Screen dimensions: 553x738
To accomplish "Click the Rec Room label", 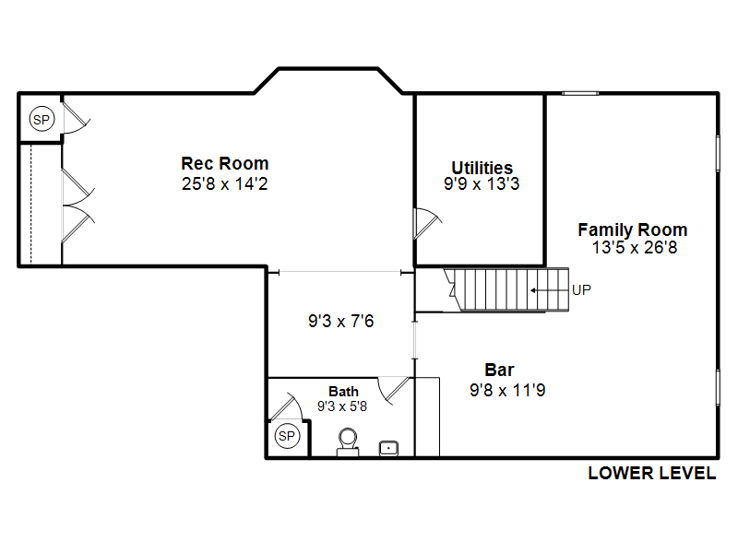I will pyautogui.click(x=225, y=163).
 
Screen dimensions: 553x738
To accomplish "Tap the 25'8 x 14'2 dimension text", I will pyautogui.click(x=225, y=182).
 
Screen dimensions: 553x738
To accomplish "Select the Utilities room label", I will pyautogui.click(x=482, y=168).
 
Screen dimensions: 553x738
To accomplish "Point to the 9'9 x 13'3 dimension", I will pyautogui.click(x=482, y=183).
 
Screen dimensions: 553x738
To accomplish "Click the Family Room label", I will pyautogui.click(x=632, y=230).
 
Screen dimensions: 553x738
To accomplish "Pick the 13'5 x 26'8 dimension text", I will pyautogui.click(x=634, y=247).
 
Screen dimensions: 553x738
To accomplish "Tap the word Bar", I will pyautogui.click(x=499, y=371).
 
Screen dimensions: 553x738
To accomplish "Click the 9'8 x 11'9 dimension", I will pyautogui.click(x=507, y=390).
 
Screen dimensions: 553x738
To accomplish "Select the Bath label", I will pyautogui.click(x=343, y=392).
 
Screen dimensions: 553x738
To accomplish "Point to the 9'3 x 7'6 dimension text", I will pyautogui.click(x=340, y=322).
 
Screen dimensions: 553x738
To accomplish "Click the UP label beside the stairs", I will pyautogui.click(x=581, y=289).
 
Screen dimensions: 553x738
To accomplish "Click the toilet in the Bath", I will pyautogui.click(x=348, y=441).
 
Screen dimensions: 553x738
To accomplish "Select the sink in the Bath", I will pyautogui.click(x=389, y=448).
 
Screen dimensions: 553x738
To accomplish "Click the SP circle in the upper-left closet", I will pyautogui.click(x=41, y=119).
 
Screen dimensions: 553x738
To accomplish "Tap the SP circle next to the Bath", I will pyautogui.click(x=287, y=435).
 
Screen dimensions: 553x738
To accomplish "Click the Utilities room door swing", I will pyautogui.click(x=427, y=222).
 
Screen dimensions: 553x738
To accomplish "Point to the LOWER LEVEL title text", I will pyautogui.click(x=651, y=474).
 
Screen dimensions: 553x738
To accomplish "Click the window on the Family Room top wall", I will pyautogui.click(x=580, y=92).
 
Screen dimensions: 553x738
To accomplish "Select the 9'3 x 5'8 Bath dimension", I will pyautogui.click(x=342, y=406).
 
